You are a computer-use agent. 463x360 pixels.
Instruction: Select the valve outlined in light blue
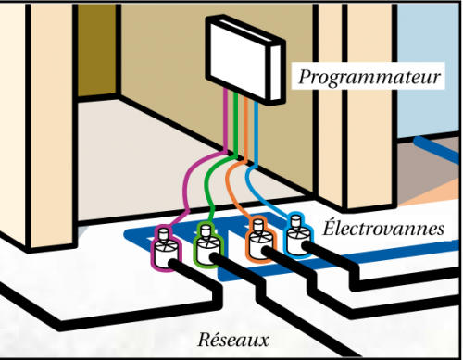click(297, 237)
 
